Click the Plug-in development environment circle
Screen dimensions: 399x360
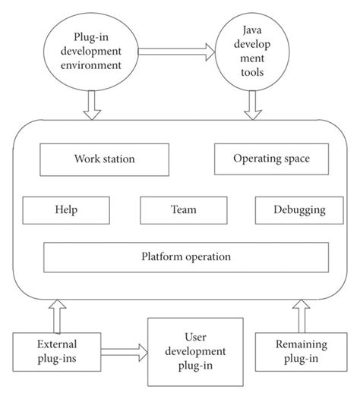(x=92, y=52)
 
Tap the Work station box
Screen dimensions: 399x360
(x=104, y=159)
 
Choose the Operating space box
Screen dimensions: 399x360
(x=261, y=159)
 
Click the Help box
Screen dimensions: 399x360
(x=66, y=209)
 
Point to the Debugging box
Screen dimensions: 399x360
(x=291, y=209)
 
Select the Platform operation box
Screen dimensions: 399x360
(x=180, y=256)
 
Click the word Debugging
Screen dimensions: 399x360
(x=291, y=209)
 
